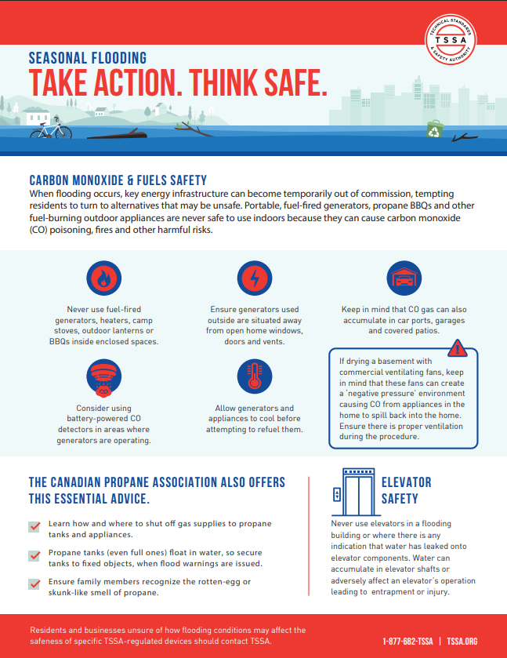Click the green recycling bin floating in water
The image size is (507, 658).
(433, 129)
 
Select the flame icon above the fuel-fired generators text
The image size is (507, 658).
(103, 278)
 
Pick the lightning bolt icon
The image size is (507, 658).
(253, 278)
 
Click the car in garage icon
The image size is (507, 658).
(404, 278)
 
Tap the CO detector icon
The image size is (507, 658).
(103, 378)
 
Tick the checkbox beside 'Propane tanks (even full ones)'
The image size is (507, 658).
(34, 555)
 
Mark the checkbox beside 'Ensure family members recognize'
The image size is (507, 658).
(34, 583)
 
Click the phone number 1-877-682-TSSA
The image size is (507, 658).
(407, 641)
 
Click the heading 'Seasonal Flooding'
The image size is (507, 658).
(87, 57)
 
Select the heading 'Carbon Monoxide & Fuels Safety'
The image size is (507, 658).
(118, 180)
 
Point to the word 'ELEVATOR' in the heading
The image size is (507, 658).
(406, 482)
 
